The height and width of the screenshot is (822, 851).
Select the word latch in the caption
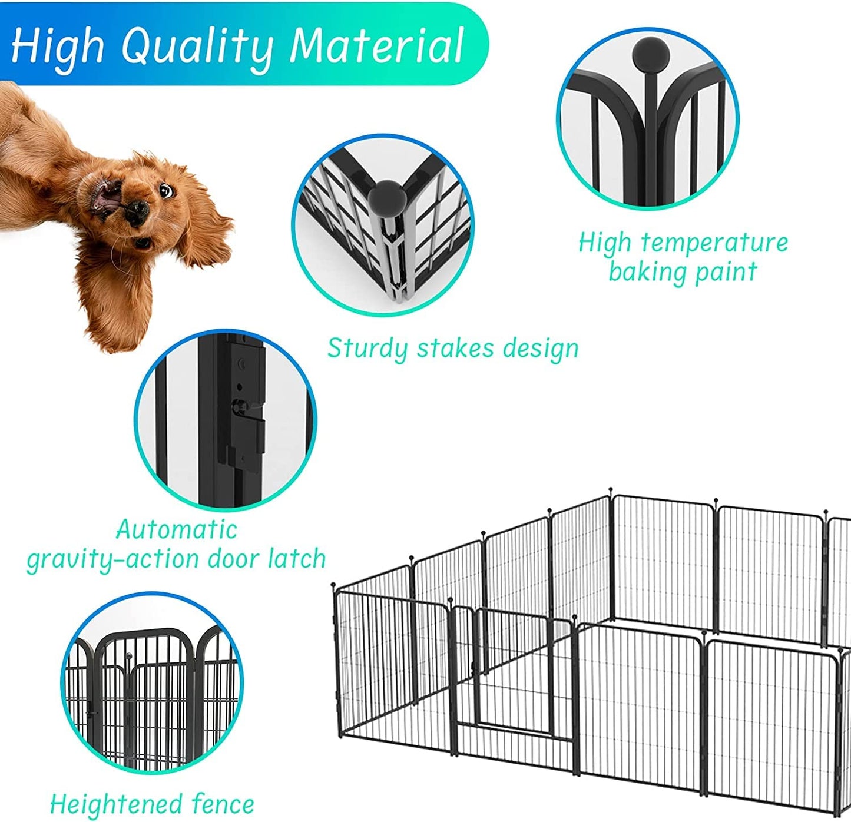click(x=297, y=558)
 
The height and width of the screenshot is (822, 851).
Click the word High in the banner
click(x=57, y=47)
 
